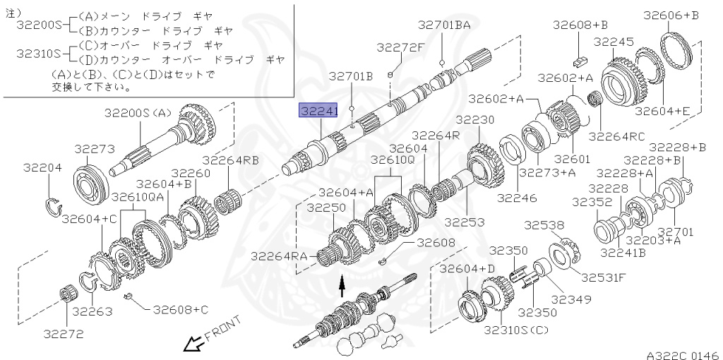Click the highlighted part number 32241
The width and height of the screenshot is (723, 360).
tap(319, 112)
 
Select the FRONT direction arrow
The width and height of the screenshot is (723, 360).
tap(191, 344)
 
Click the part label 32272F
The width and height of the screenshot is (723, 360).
tap(400, 48)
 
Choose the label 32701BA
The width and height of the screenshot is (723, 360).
tap(443, 25)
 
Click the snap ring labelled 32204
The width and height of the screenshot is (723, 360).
tap(52, 206)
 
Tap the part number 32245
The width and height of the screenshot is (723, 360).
tap(614, 42)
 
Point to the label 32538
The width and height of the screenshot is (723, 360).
tap(544, 225)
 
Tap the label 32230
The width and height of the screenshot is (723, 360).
tap(474, 120)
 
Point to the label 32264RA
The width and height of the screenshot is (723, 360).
tap(281, 256)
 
